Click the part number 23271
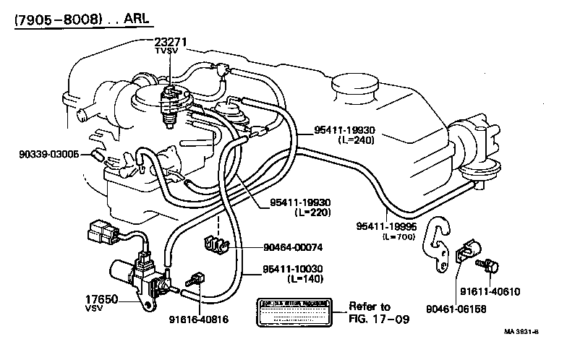171,42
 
